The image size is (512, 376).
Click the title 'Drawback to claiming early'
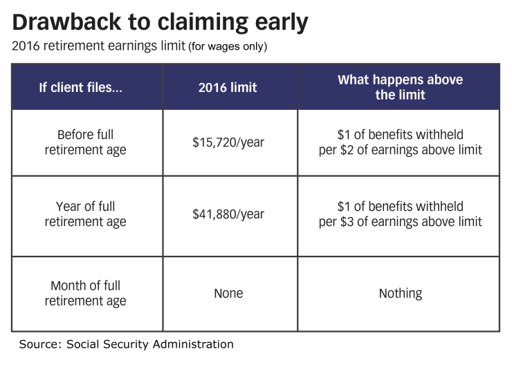click(x=161, y=23)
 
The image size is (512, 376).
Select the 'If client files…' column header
click(x=81, y=88)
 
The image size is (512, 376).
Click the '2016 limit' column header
click(x=228, y=88)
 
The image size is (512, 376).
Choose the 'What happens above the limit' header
click(x=400, y=87)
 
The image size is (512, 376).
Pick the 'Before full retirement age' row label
click(x=86, y=142)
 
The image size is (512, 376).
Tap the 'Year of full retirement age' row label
click(x=86, y=214)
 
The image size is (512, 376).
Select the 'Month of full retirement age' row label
click(x=86, y=294)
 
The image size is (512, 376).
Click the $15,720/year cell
click(x=228, y=142)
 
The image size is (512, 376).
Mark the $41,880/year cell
click(x=228, y=214)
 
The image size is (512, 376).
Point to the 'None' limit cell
click(x=228, y=294)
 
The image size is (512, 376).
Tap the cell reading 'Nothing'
click(x=400, y=294)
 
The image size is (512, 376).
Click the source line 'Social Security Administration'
click(x=150, y=344)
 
